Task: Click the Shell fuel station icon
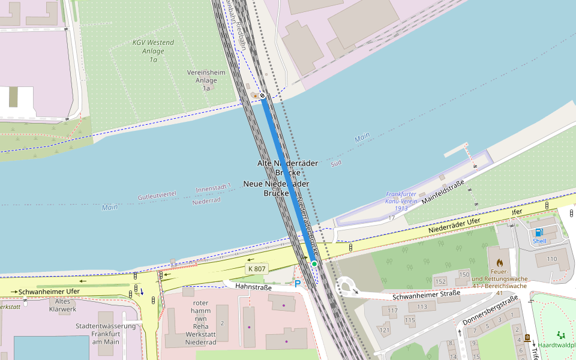click(539, 232)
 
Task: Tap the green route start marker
click(314, 263)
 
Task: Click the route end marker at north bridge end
click(262, 95)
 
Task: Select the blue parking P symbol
click(297, 283)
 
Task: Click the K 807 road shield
click(256, 269)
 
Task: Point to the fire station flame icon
click(499, 263)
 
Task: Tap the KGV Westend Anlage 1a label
click(153, 51)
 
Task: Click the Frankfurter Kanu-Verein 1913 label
click(401, 201)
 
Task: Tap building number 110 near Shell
click(551, 259)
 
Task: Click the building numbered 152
click(440, 281)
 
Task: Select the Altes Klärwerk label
click(66, 305)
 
